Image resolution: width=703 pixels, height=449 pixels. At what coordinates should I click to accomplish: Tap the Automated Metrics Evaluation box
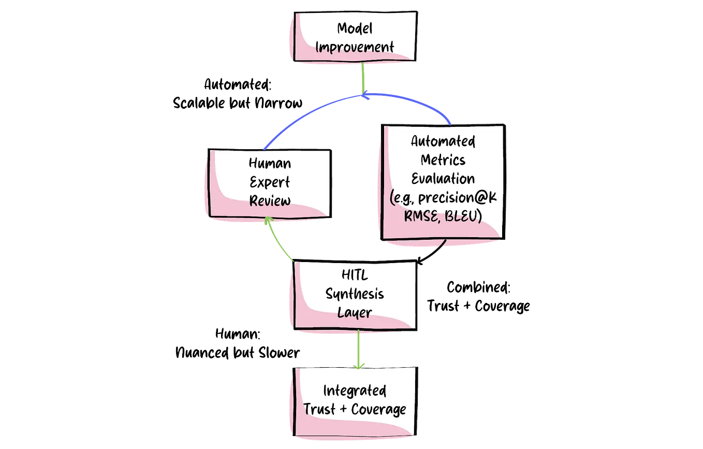[x=443, y=181]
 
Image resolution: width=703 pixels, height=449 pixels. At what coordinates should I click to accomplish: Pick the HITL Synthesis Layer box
[x=355, y=295]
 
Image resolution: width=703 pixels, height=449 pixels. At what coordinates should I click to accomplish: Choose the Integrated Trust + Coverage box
[x=355, y=400]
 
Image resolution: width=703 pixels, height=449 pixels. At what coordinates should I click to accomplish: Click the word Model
[x=355, y=28]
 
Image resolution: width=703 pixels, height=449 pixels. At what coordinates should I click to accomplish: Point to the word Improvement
[x=355, y=47]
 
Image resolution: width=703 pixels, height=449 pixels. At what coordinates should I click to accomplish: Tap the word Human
[x=270, y=164]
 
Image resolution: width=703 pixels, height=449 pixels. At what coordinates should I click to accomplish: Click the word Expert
[x=270, y=182]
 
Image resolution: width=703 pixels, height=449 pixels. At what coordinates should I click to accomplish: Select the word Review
[x=270, y=200]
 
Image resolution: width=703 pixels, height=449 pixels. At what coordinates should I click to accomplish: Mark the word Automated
[x=443, y=141]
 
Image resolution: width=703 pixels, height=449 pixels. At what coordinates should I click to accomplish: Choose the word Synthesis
[x=355, y=294]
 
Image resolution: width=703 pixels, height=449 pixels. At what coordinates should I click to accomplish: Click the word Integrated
[x=355, y=390]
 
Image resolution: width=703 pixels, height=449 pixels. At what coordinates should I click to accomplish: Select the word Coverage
[x=378, y=409]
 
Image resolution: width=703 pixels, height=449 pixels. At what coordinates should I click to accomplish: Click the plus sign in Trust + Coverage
[x=343, y=409]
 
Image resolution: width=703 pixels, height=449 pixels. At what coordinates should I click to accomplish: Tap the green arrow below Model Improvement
[x=363, y=78]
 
